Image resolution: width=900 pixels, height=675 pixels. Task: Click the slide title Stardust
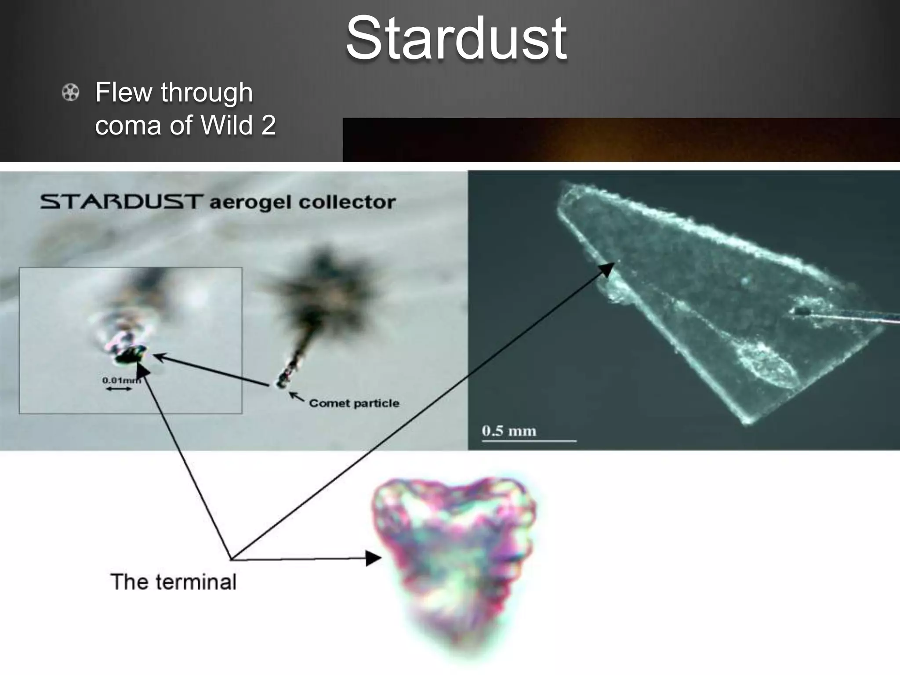tap(456, 39)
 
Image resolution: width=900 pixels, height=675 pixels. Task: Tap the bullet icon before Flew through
tap(70, 93)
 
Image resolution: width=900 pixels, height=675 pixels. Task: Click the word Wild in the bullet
tap(227, 125)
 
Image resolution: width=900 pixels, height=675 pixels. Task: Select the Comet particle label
tap(354, 403)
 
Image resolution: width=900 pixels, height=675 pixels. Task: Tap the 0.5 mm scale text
tap(509, 431)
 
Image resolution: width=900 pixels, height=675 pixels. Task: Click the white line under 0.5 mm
tap(529, 440)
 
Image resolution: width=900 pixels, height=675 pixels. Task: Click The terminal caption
tap(174, 582)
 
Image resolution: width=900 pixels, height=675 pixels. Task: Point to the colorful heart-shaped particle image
tap(455, 558)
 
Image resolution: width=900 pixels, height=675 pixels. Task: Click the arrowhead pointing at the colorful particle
tap(374, 559)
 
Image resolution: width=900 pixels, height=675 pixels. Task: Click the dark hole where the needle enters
tap(802, 311)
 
